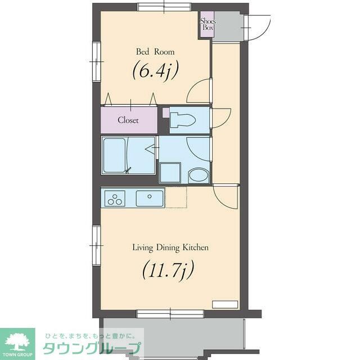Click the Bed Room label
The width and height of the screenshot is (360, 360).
pyautogui.click(x=155, y=52)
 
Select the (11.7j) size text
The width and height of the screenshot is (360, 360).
pyautogui.click(x=168, y=270)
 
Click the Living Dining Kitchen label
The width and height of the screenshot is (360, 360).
pyautogui.click(x=170, y=247)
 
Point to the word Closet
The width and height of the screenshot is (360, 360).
pyautogui.click(x=129, y=120)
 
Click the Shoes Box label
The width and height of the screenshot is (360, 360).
pyautogui.click(x=208, y=24)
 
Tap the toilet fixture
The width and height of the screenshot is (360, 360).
pyautogui.click(x=183, y=119)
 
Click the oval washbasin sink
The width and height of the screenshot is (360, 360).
pyautogui.click(x=197, y=175)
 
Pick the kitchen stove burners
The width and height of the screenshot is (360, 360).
pyautogui.click(x=115, y=199)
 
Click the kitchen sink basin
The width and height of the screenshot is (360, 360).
pyautogui.click(x=149, y=198)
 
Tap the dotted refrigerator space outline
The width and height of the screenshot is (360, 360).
pyautogui.click(x=175, y=198)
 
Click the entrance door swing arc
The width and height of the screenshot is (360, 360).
pyautogui.click(x=256, y=28)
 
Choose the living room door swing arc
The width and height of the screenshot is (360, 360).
pyautogui.click(x=226, y=197)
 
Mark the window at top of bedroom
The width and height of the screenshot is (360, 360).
pyautogui.click(x=164, y=7)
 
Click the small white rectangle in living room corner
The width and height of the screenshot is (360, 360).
pyautogui.click(x=224, y=304)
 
